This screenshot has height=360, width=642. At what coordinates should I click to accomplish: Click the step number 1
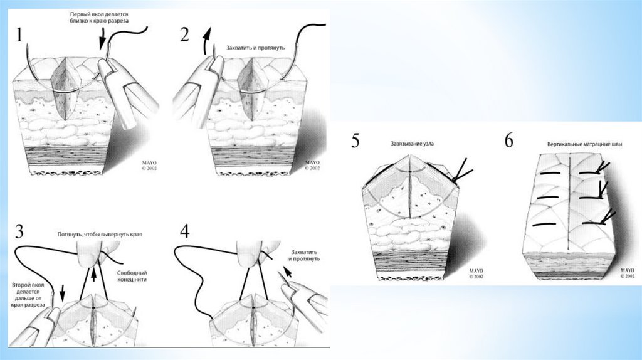19,35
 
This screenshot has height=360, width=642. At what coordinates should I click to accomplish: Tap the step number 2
185,35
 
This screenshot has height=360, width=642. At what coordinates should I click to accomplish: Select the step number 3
19,231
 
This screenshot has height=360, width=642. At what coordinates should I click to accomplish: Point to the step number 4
185,231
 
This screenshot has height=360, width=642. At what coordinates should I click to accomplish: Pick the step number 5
355,140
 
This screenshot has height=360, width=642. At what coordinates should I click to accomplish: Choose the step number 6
508,140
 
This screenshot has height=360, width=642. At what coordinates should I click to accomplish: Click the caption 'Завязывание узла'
412,144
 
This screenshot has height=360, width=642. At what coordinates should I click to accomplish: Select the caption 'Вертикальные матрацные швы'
584,144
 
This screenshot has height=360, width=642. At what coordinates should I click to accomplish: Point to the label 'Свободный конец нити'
132,276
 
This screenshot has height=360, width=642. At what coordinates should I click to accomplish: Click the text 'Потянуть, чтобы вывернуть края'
100,235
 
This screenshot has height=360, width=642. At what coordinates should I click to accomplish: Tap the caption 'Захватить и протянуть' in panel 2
256,48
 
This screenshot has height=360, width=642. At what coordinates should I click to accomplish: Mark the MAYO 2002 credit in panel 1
149,166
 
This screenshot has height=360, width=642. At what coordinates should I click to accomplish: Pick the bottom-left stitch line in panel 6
545,225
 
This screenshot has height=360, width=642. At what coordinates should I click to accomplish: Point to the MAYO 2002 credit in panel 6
627,273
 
